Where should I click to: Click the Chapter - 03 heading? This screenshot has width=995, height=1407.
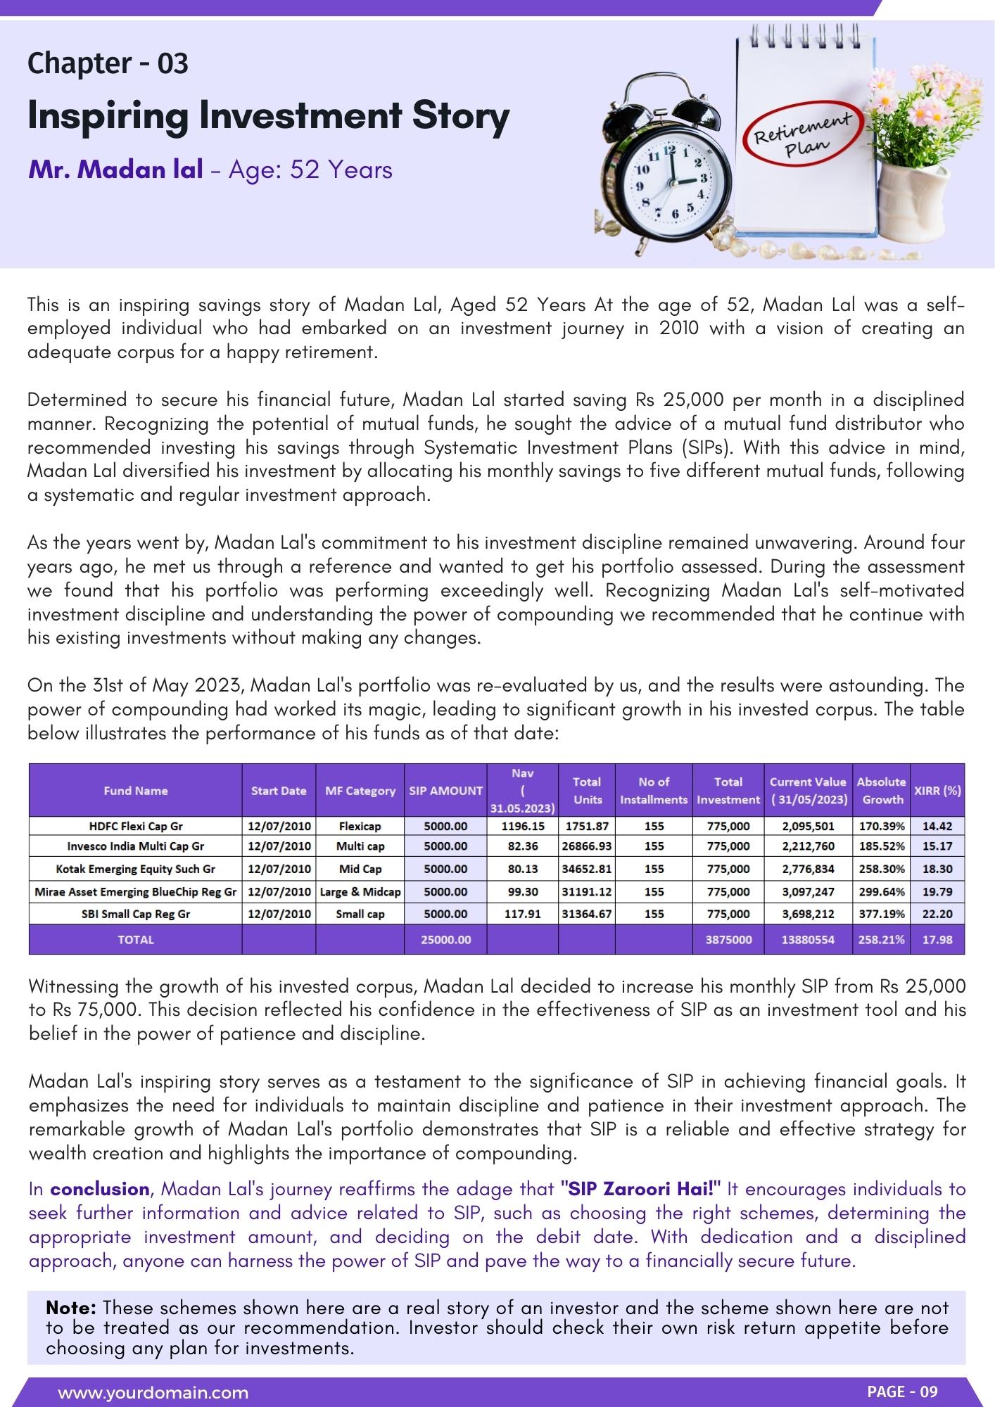tap(108, 63)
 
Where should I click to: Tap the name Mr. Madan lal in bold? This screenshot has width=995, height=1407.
tap(115, 170)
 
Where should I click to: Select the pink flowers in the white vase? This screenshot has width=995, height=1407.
tap(915, 113)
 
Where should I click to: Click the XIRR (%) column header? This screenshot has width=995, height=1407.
tap(937, 790)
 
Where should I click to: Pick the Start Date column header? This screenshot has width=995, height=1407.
tap(279, 791)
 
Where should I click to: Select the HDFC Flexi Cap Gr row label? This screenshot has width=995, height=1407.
tap(135, 826)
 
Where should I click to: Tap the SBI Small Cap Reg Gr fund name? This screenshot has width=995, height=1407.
tap(135, 914)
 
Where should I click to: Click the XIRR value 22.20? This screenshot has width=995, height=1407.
tap(937, 914)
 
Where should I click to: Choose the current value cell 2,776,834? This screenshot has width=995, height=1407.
tap(808, 869)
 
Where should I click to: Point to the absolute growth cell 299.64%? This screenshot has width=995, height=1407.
tap(882, 891)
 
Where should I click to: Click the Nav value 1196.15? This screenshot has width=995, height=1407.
tap(522, 826)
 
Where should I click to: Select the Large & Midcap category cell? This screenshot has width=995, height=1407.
tap(360, 891)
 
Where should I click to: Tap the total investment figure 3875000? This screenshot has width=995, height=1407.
tap(728, 939)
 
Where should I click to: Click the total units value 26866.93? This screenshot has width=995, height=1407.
tap(586, 846)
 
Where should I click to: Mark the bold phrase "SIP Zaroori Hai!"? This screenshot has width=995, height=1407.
tap(640, 1189)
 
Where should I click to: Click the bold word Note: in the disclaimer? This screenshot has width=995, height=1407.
tap(71, 1308)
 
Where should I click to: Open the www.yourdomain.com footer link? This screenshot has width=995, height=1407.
tap(153, 1392)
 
